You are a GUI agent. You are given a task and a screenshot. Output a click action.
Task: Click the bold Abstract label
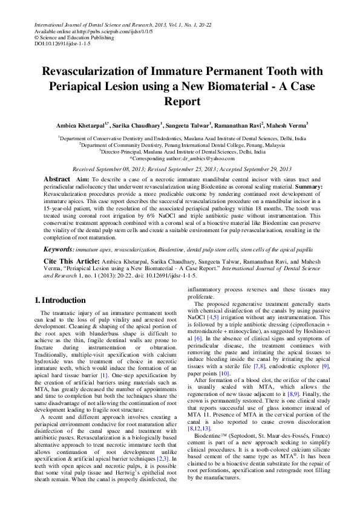tap(57, 180)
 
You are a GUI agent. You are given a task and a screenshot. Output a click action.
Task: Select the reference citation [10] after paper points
tap(224, 374)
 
